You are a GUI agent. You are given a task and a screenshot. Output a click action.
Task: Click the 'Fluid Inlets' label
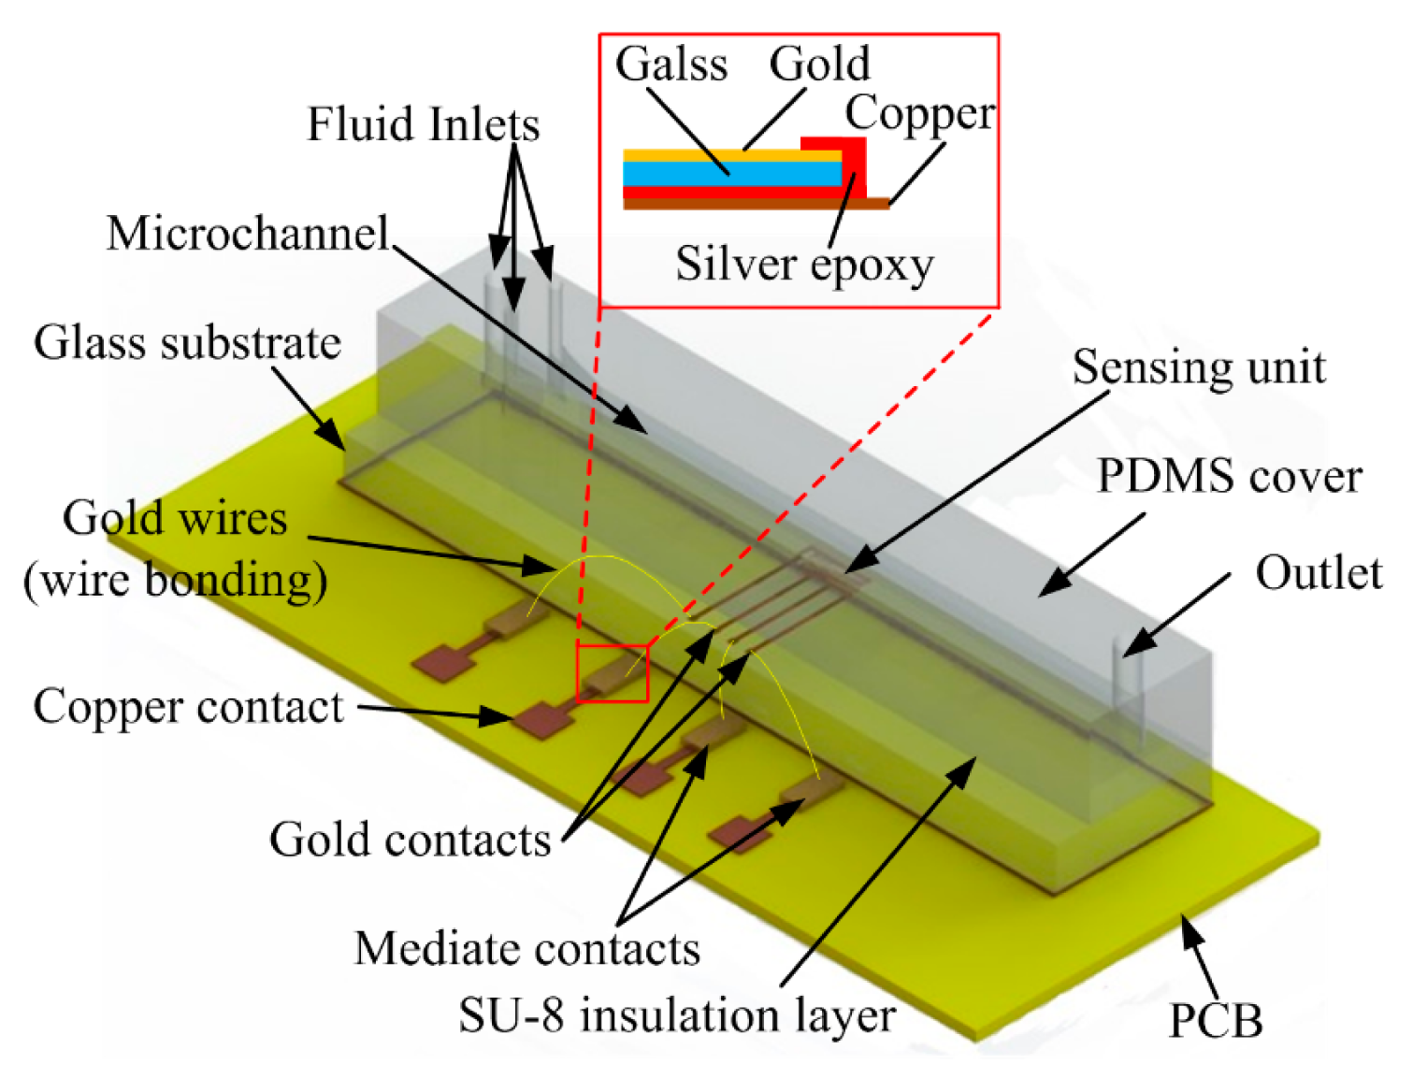(423, 124)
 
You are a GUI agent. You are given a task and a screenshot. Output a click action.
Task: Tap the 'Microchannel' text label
(248, 234)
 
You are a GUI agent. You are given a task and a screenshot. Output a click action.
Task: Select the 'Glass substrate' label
(187, 343)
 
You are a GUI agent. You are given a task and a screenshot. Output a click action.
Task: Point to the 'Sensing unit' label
(1199, 367)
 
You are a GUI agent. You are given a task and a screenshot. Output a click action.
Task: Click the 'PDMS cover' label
(1229, 477)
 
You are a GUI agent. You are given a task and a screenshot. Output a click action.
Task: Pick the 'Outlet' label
(1318, 573)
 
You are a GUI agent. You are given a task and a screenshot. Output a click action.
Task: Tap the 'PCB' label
(1216, 1020)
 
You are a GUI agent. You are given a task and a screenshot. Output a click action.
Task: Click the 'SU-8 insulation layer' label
(677, 1015)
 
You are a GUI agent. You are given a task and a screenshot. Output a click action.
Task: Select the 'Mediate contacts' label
(527, 949)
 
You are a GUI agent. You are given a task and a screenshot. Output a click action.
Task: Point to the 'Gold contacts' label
(410, 840)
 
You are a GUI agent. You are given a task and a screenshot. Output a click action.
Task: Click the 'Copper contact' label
(188, 708)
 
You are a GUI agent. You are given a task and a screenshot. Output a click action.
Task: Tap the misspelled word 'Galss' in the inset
(670, 65)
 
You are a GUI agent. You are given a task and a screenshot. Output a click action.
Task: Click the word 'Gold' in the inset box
(819, 65)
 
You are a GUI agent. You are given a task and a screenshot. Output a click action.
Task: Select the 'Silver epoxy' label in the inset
(804, 265)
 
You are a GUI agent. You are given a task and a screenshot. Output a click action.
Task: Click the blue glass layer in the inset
(729, 174)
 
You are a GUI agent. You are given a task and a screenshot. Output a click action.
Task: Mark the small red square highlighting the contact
(613, 673)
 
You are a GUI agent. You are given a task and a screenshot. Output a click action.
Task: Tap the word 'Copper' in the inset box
(920, 114)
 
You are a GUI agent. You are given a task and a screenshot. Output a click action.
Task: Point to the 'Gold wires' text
(175, 518)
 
